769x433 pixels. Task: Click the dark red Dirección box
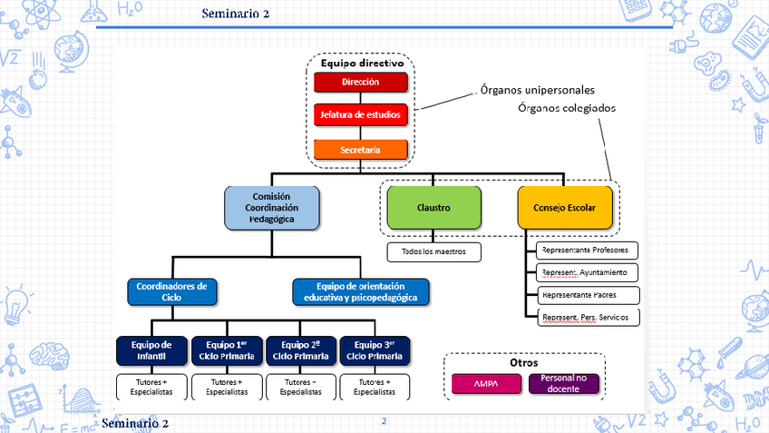(x=361, y=82)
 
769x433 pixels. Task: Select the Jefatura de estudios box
(x=361, y=115)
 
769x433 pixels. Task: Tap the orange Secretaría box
(x=361, y=150)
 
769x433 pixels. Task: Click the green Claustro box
(x=433, y=207)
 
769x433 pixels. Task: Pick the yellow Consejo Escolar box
(x=570, y=207)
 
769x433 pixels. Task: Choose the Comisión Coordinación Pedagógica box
(x=272, y=207)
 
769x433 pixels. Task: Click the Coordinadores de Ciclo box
(x=171, y=291)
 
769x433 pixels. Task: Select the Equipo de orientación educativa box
(x=361, y=291)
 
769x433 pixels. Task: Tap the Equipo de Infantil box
(x=151, y=350)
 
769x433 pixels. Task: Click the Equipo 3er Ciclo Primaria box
(x=375, y=350)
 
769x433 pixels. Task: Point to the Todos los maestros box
(x=433, y=251)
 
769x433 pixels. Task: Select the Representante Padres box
(x=588, y=295)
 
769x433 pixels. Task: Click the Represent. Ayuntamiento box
(x=588, y=272)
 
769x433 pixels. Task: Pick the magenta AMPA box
(x=487, y=384)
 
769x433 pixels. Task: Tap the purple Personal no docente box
(x=564, y=383)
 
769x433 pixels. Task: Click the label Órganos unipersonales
(x=536, y=91)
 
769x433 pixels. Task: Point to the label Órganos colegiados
(x=567, y=108)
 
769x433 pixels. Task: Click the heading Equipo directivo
(x=362, y=64)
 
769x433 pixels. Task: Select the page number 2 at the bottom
(x=384, y=421)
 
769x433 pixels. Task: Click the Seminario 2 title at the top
(x=236, y=13)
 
